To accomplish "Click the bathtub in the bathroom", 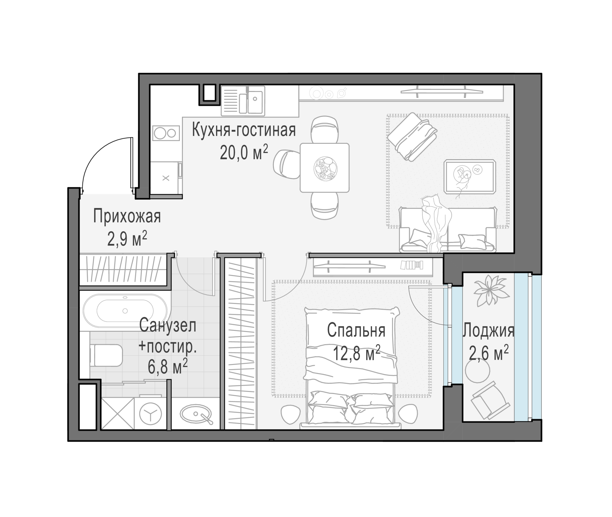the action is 125,311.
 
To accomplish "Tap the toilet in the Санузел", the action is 106,355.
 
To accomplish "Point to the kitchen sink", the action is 251,101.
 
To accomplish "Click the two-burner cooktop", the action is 166,133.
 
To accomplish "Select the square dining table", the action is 324,168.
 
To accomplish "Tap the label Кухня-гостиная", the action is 244,131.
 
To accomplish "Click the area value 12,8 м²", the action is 357,353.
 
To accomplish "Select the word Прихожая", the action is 127,216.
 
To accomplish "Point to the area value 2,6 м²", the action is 489,353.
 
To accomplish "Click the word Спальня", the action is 356,330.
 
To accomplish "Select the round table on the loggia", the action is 478,370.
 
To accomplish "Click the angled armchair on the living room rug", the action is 412,136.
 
